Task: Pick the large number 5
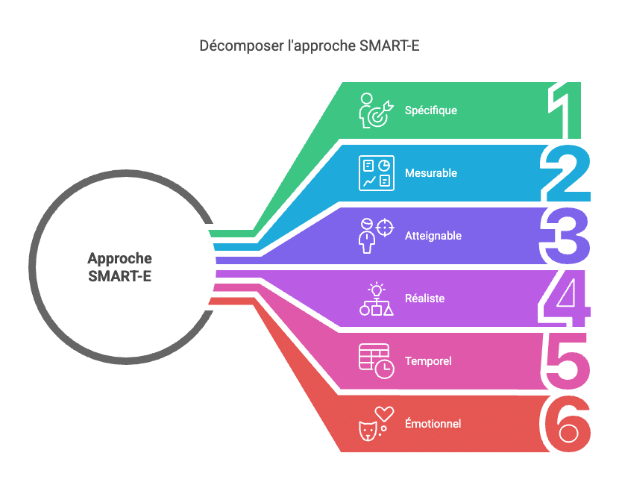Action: tap(567, 361)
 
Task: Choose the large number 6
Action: tap(567, 424)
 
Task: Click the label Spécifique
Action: tap(431, 110)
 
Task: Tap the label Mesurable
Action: tap(431, 173)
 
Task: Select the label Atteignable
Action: tap(433, 236)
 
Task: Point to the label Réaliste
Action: tap(425, 299)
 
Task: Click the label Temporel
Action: tap(428, 361)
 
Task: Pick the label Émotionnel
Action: tap(433, 424)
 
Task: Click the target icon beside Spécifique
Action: tap(374, 110)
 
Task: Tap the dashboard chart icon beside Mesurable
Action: tap(375, 173)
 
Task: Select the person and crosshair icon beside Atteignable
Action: tap(375, 236)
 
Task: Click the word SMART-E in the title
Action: tap(389, 46)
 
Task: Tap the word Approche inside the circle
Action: tap(119, 259)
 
